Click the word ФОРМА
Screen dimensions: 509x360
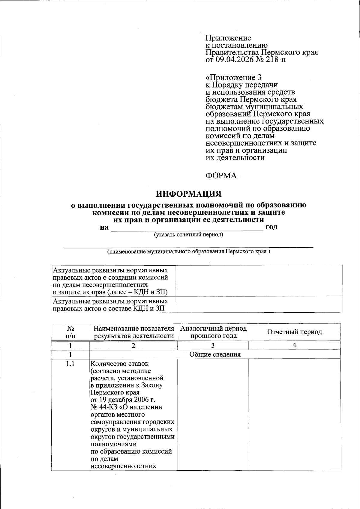tap(221, 176)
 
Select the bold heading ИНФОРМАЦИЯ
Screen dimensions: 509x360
tap(189, 194)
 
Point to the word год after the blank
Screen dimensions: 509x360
tap(271, 227)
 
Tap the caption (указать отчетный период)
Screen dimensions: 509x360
tap(188, 234)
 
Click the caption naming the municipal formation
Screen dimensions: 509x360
tap(189, 252)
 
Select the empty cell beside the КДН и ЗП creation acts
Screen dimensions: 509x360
tap(259, 281)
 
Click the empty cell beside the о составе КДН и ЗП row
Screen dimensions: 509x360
tap(259, 304)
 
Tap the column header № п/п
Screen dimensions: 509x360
tap(70, 332)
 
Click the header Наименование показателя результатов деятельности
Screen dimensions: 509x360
tap(133, 332)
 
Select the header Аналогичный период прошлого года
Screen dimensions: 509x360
tap(213, 332)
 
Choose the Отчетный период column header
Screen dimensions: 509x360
tap(294, 332)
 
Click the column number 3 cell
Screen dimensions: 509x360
tap(213, 345)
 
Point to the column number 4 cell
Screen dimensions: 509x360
tap(294, 345)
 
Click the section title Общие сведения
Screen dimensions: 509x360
tap(215, 355)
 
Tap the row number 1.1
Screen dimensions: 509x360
tap(70, 364)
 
